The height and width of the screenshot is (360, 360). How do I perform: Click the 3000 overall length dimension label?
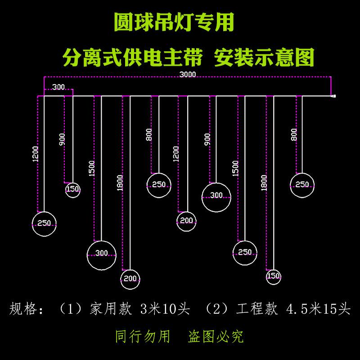(187, 75)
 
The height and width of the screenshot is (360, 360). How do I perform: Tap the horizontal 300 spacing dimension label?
(58, 87)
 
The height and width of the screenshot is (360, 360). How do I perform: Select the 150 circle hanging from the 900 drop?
(72, 189)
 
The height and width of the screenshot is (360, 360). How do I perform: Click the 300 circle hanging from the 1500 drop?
(101, 254)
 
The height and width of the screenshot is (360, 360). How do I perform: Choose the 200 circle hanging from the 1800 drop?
(130, 279)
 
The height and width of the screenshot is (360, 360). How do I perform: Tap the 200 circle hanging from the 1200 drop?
(186, 221)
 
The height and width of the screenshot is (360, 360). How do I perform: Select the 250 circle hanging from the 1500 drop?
(245, 253)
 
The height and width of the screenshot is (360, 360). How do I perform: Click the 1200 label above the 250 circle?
(36, 154)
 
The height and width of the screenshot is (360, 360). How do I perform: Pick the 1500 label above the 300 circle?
(92, 168)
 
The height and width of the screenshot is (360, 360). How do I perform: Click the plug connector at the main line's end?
(333, 96)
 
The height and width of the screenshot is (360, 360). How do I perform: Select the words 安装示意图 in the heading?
(264, 58)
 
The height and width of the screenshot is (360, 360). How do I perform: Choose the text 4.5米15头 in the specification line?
(318, 309)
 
